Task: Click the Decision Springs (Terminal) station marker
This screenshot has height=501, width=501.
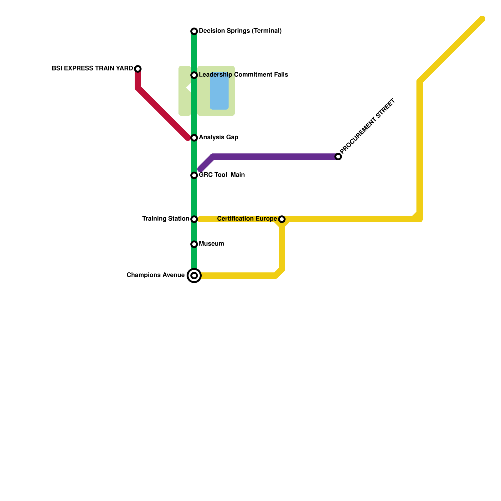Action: coord(194,31)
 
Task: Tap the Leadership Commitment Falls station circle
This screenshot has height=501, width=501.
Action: coord(194,75)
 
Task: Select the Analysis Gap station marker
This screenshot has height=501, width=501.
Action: coord(194,138)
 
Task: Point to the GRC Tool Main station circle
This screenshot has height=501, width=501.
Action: coord(194,175)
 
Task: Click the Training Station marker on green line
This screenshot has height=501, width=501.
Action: coord(194,219)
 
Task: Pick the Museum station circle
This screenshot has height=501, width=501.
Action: coord(194,244)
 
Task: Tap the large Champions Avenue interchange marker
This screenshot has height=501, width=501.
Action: coord(194,276)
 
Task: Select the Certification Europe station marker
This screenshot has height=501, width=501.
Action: coord(282,219)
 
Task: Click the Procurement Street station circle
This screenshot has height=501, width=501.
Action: coord(338,157)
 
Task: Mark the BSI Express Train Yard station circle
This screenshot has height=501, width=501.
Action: coord(138,69)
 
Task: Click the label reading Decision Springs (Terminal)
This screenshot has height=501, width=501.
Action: coord(240,31)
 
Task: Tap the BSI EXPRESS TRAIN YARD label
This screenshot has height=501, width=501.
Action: coord(92,69)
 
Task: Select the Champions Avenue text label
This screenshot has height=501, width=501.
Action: coord(156,275)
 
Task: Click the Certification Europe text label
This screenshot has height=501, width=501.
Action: coord(247,219)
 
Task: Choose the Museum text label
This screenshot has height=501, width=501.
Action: coord(211,244)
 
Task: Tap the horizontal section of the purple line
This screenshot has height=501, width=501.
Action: coord(276,157)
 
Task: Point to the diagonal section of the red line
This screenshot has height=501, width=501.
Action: coord(163,113)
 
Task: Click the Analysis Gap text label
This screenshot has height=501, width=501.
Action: coord(219,137)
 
